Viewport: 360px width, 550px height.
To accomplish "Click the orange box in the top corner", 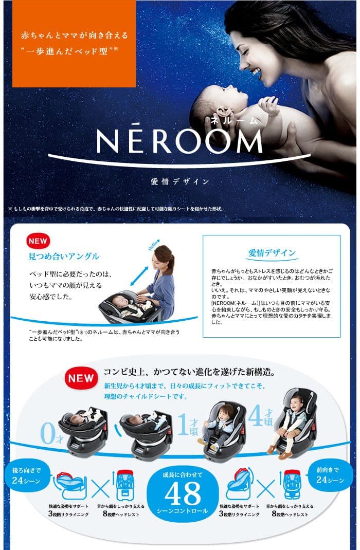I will click(74, 44).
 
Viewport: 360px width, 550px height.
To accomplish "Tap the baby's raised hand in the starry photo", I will click(268, 105).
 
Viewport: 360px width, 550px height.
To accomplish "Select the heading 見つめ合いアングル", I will click(64, 256).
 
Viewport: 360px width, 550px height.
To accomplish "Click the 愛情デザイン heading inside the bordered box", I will click(272, 252).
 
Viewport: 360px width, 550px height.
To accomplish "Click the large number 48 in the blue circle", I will click(183, 494).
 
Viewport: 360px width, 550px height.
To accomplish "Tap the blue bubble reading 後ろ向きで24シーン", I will click(25, 475).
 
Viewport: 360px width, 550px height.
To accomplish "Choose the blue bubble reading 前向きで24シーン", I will click(329, 475).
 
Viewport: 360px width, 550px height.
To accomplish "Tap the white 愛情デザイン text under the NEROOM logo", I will click(179, 181).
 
